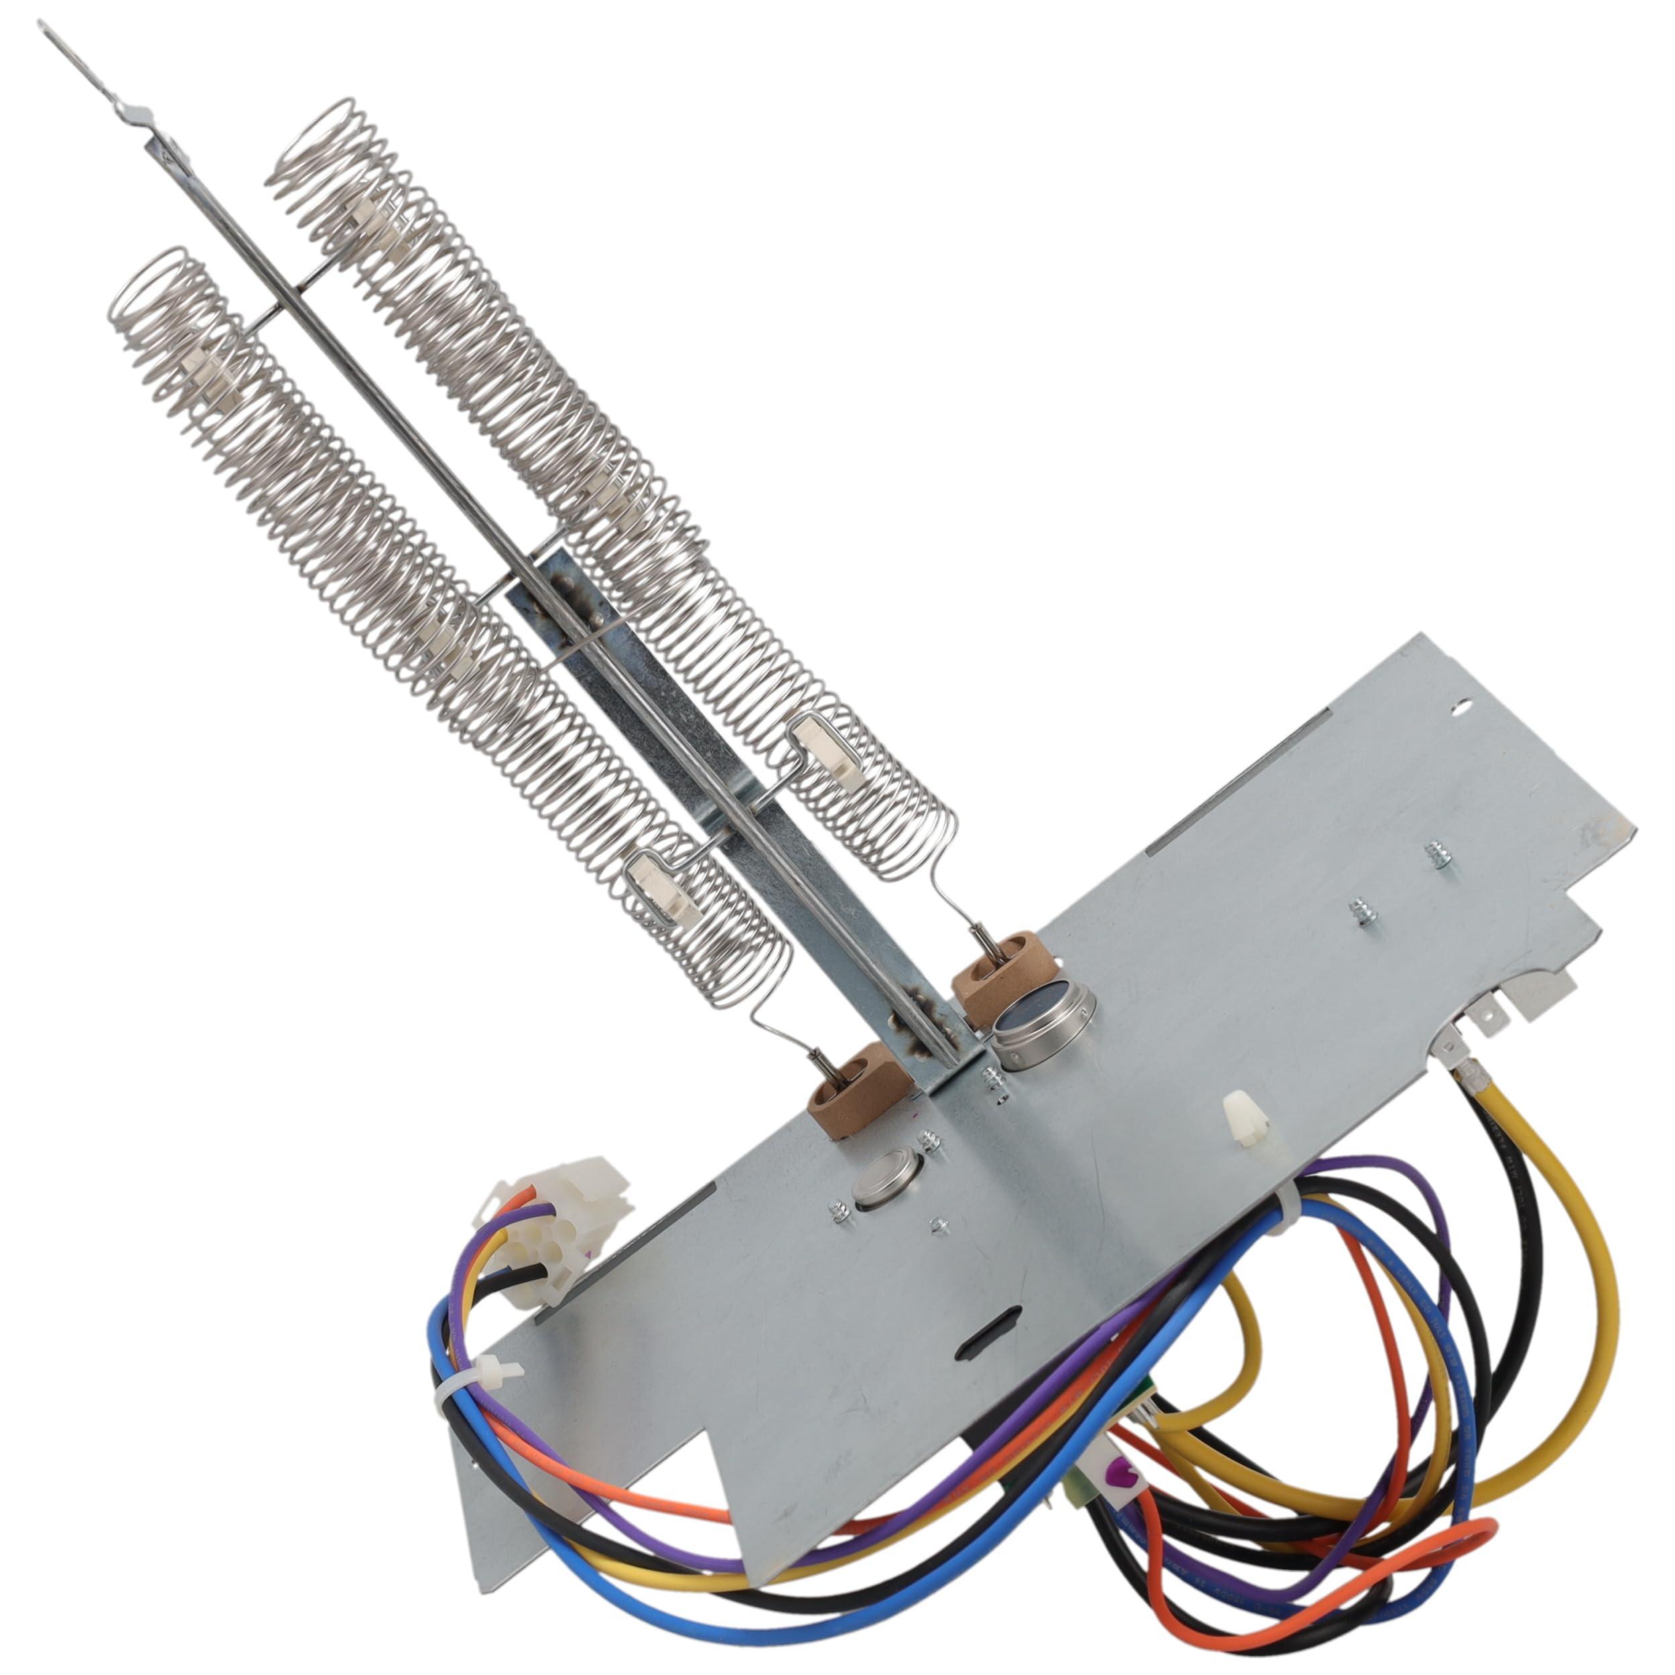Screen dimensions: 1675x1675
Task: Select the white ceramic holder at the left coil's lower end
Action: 657,884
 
